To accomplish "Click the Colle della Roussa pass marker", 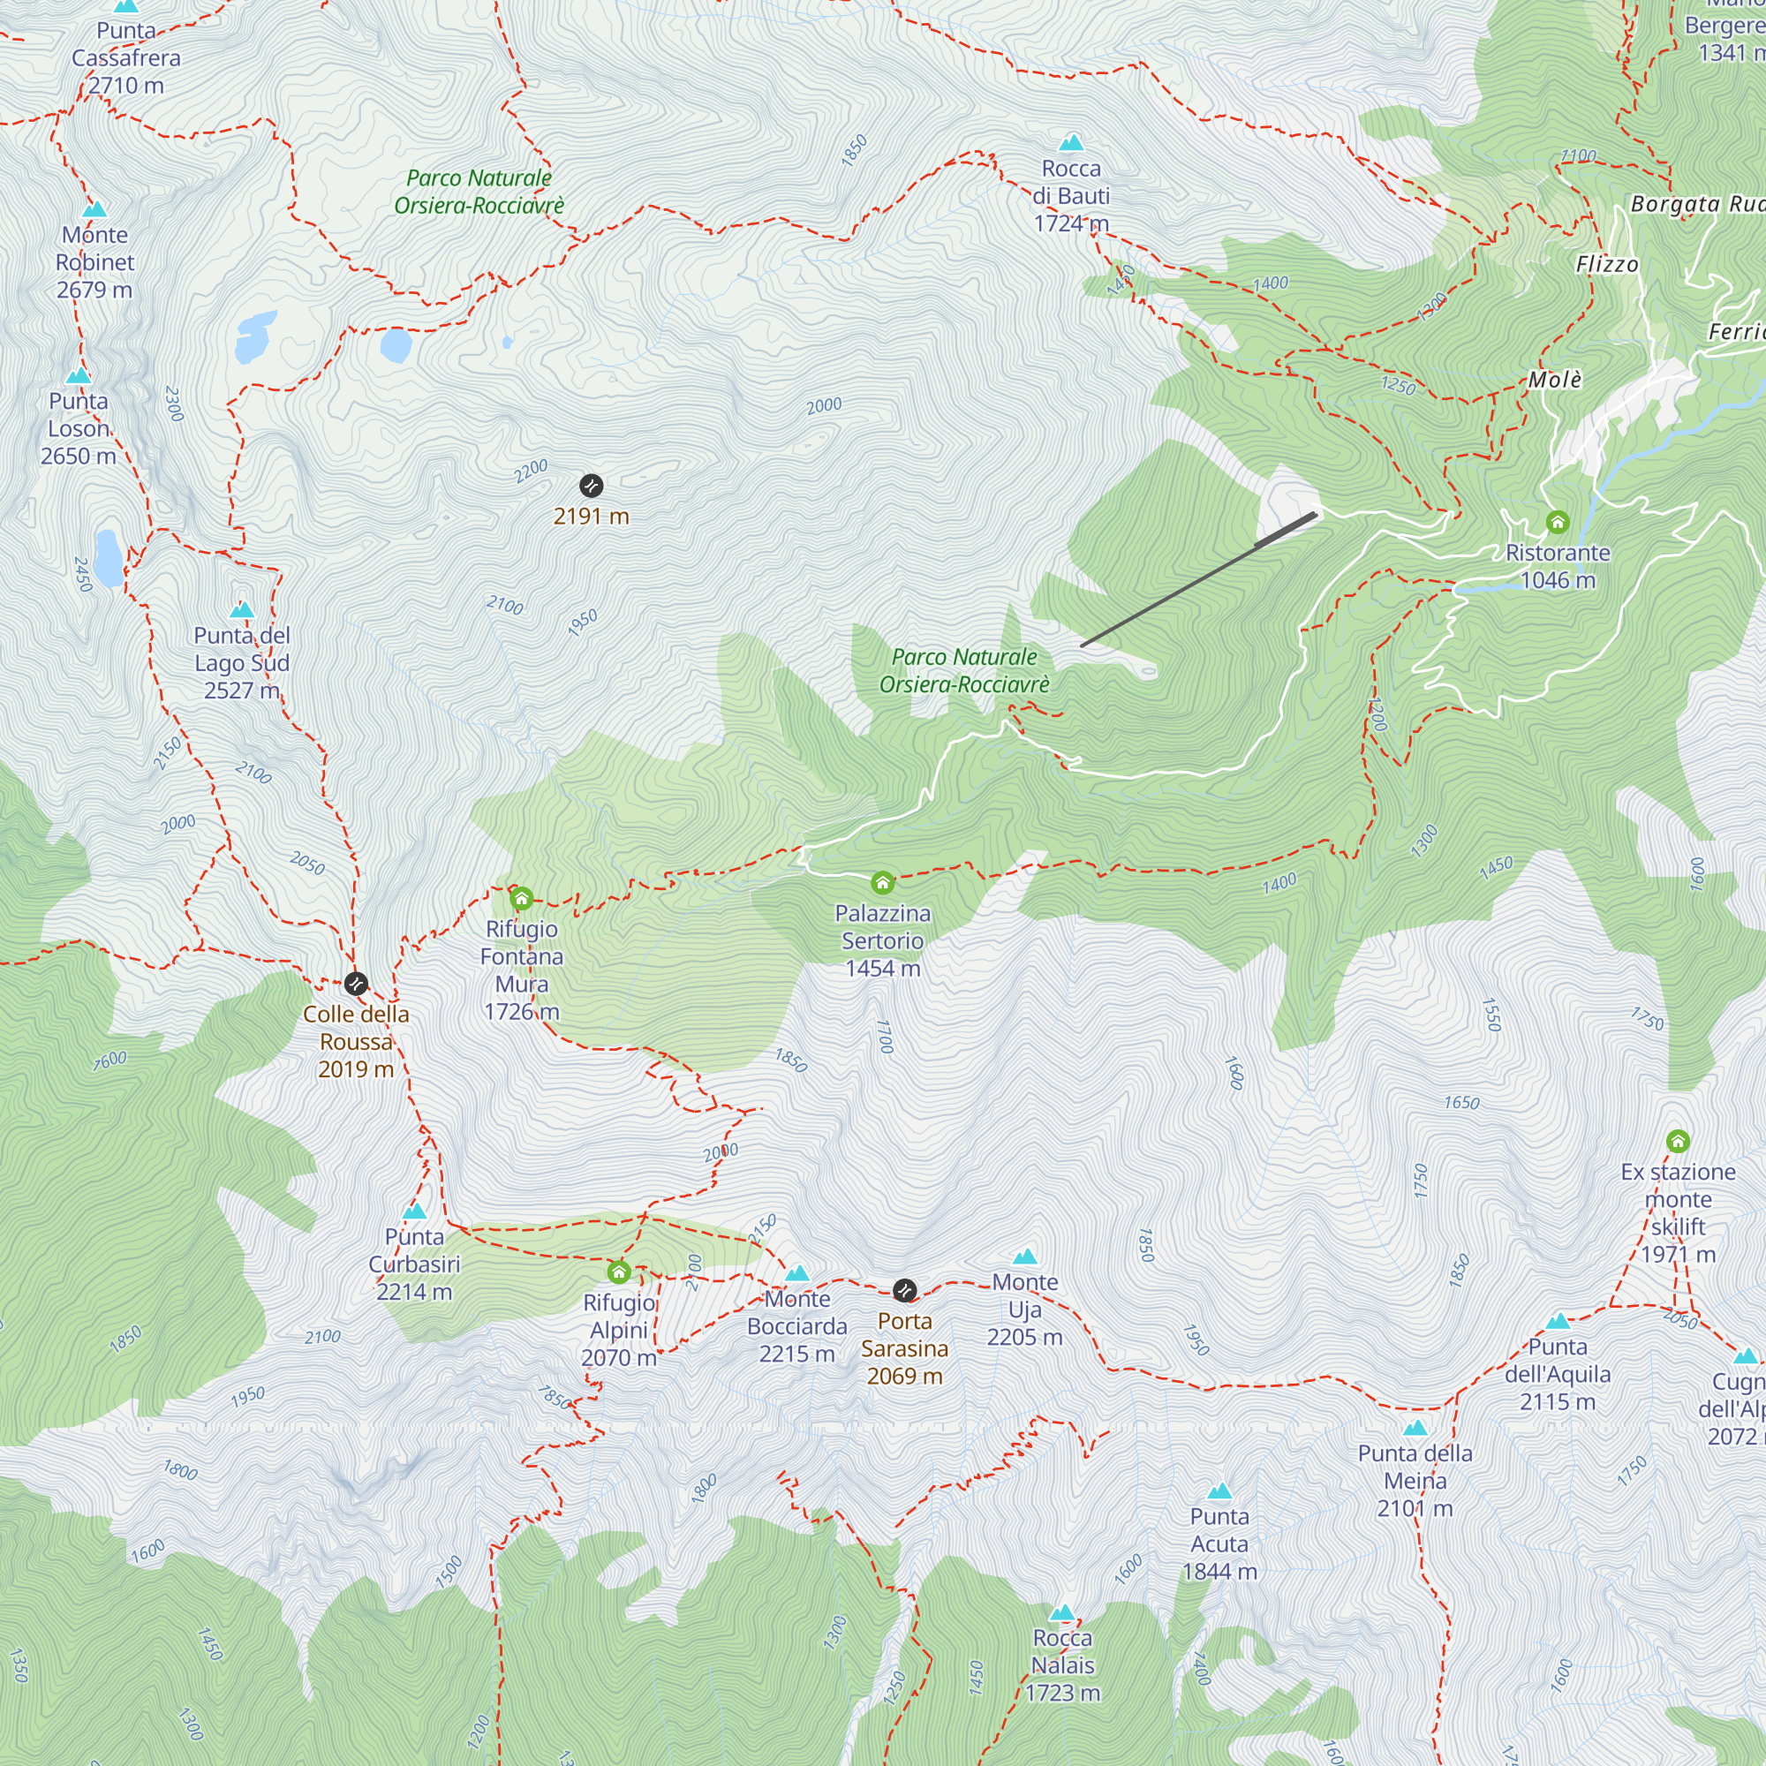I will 356,984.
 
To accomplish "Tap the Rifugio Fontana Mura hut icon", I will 521,899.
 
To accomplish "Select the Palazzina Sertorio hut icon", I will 882,882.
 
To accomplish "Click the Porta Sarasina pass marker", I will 904,1290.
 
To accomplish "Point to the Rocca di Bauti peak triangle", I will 1071,142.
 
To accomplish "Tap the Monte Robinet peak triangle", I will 94,209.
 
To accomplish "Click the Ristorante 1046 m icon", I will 1558,522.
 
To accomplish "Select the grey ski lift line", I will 1197,581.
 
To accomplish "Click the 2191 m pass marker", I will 592,486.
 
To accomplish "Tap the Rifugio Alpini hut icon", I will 619,1272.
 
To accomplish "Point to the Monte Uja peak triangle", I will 1024,1257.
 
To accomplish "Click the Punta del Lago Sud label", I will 241,663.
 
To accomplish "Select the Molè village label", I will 1555,380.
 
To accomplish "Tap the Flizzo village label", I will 1607,264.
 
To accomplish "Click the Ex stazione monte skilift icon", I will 1678,1141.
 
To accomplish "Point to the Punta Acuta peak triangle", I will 1219,1491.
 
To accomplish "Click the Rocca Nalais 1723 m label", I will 1062,1665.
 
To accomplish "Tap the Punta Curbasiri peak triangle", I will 414,1211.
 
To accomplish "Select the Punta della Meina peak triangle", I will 1415,1428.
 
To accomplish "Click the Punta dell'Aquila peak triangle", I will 1558,1321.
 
